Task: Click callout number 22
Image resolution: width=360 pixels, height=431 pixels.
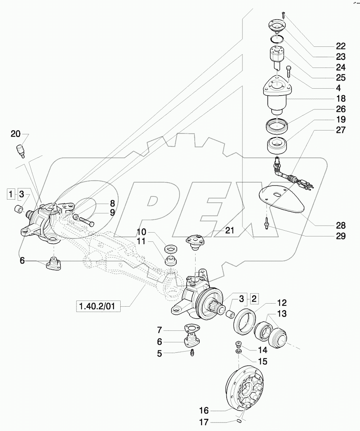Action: point(340,46)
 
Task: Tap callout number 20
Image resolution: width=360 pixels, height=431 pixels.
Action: point(15,134)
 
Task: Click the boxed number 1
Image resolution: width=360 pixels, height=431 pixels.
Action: point(12,193)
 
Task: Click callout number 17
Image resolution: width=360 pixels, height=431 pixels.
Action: point(204,422)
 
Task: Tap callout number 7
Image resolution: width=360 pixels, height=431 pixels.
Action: point(159,330)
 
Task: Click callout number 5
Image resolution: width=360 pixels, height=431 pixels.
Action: point(159,354)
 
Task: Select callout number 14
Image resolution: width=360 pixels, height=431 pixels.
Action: point(262,350)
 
